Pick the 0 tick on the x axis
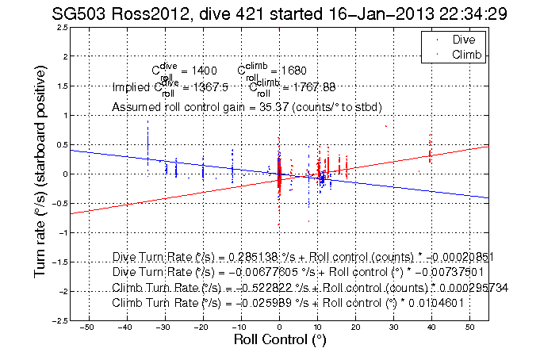tap(279, 327)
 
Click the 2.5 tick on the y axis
tap(59, 27)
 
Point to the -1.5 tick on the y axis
tap(56, 262)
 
